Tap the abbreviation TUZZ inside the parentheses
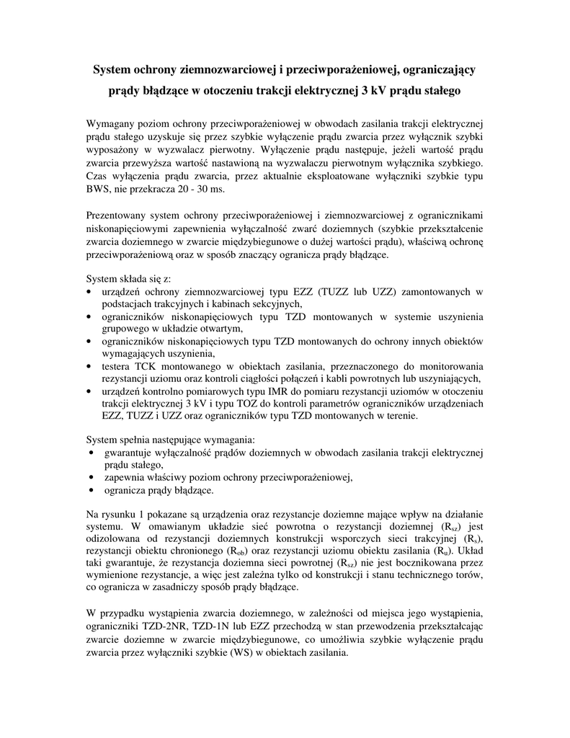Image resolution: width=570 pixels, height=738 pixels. pyautogui.click(x=340, y=293)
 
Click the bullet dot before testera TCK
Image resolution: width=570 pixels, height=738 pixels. pyautogui.click(x=89, y=366)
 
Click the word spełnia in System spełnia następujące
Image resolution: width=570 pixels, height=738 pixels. pyautogui.click(x=144, y=440)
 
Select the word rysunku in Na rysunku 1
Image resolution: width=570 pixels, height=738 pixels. pyautogui.click(x=121, y=514)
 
